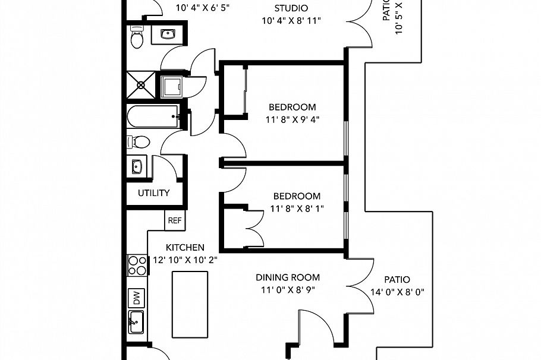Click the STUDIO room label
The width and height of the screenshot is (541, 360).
coord(291,8)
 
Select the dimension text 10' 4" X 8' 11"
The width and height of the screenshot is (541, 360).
coord(291,21)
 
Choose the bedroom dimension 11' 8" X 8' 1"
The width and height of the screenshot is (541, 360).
coord(297,208)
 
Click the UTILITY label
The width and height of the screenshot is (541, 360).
coord(154,193)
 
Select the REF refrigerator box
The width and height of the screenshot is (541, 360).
coord(174,220)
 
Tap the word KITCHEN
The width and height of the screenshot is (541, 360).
coord(185,247)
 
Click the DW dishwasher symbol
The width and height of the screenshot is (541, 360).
coord(136,298)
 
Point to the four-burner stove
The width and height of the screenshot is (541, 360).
coord(137,264)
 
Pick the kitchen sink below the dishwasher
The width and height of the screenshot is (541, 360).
coord(136,324)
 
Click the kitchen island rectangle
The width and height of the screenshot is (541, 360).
coord(188,304)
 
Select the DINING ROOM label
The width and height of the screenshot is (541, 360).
coord(288,277)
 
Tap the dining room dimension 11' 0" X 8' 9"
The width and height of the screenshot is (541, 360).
coord(288,290)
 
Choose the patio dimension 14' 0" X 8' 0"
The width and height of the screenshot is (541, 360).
coord(397,292)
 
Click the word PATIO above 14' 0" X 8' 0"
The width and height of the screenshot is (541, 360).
coord(397,279)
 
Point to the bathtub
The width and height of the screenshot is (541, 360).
coord(152,116)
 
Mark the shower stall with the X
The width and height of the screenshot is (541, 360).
coord(141,85)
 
